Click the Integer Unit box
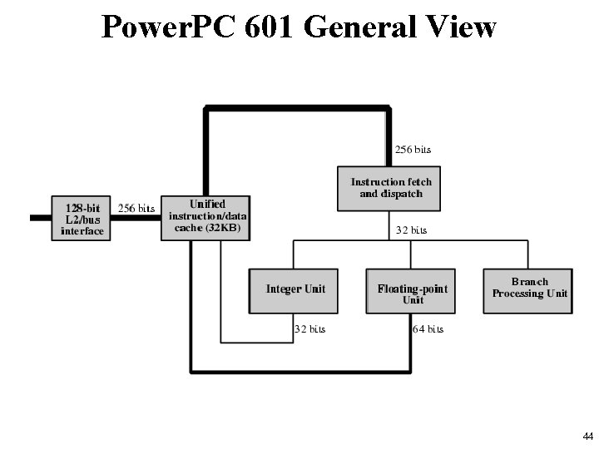295,289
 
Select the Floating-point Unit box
413,291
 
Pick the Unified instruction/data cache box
206,218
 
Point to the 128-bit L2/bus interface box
82,218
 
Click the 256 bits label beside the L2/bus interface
136,208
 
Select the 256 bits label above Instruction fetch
413,150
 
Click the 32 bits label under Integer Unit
310,329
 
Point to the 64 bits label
428,329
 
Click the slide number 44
587,437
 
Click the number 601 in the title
271,27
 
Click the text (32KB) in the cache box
220,229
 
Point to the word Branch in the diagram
529,282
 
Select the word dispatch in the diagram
402,194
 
